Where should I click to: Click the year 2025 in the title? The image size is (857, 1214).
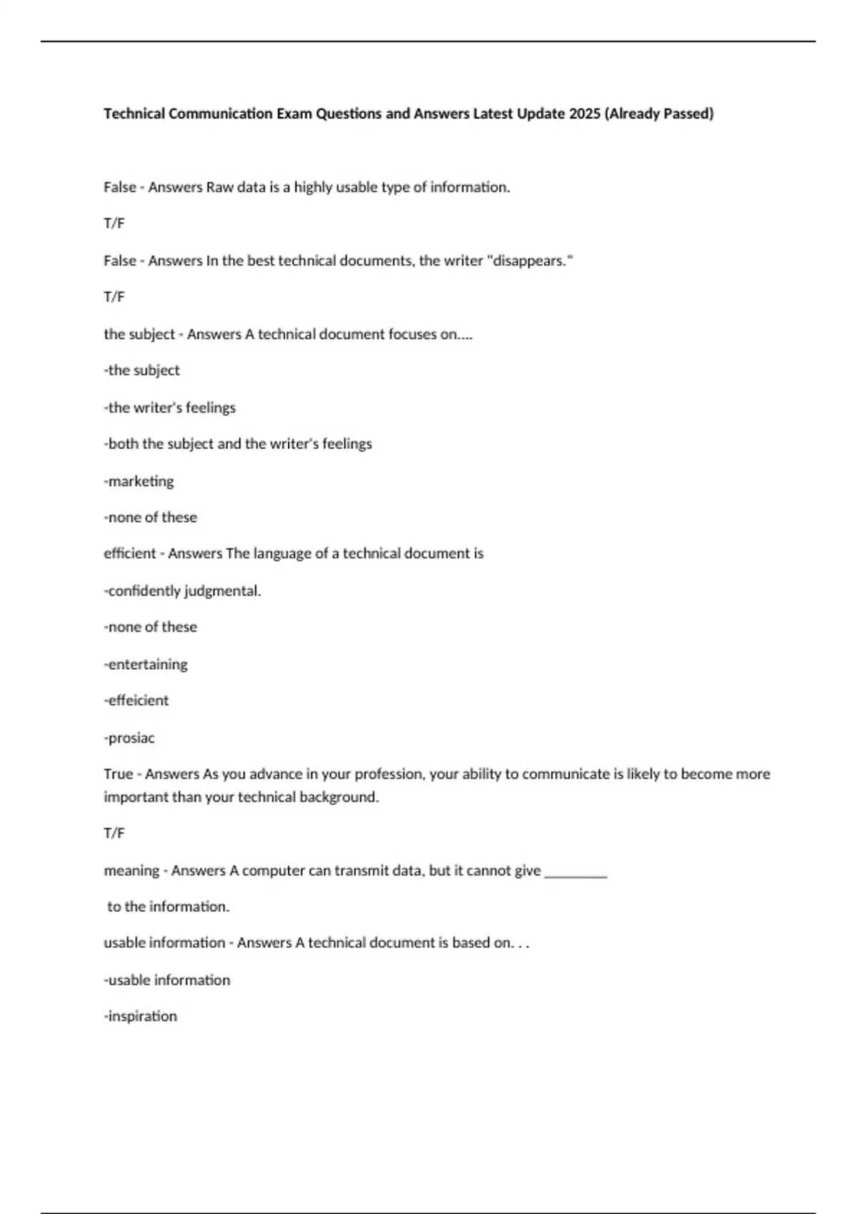(585, 114)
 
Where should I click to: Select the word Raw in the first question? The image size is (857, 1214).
(219, 187)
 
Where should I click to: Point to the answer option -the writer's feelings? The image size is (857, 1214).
(170, 408)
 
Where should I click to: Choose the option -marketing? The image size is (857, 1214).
(139, 481)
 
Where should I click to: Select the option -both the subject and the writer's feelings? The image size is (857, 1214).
(238, 444)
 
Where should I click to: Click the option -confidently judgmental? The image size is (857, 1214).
(183, 591)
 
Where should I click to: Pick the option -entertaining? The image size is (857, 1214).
(146, 664)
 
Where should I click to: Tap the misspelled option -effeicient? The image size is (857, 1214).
(136, 701)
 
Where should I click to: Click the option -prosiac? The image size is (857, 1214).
(129, 738)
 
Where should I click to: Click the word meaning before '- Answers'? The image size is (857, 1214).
(131, 871)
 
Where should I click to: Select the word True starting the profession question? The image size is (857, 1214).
(119, 774)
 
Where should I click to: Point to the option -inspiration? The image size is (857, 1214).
(141, 1016)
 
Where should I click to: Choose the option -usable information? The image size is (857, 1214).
(167, 980)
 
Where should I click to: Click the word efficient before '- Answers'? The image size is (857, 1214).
(130, 553)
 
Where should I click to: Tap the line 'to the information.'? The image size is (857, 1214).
(169, 907)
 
